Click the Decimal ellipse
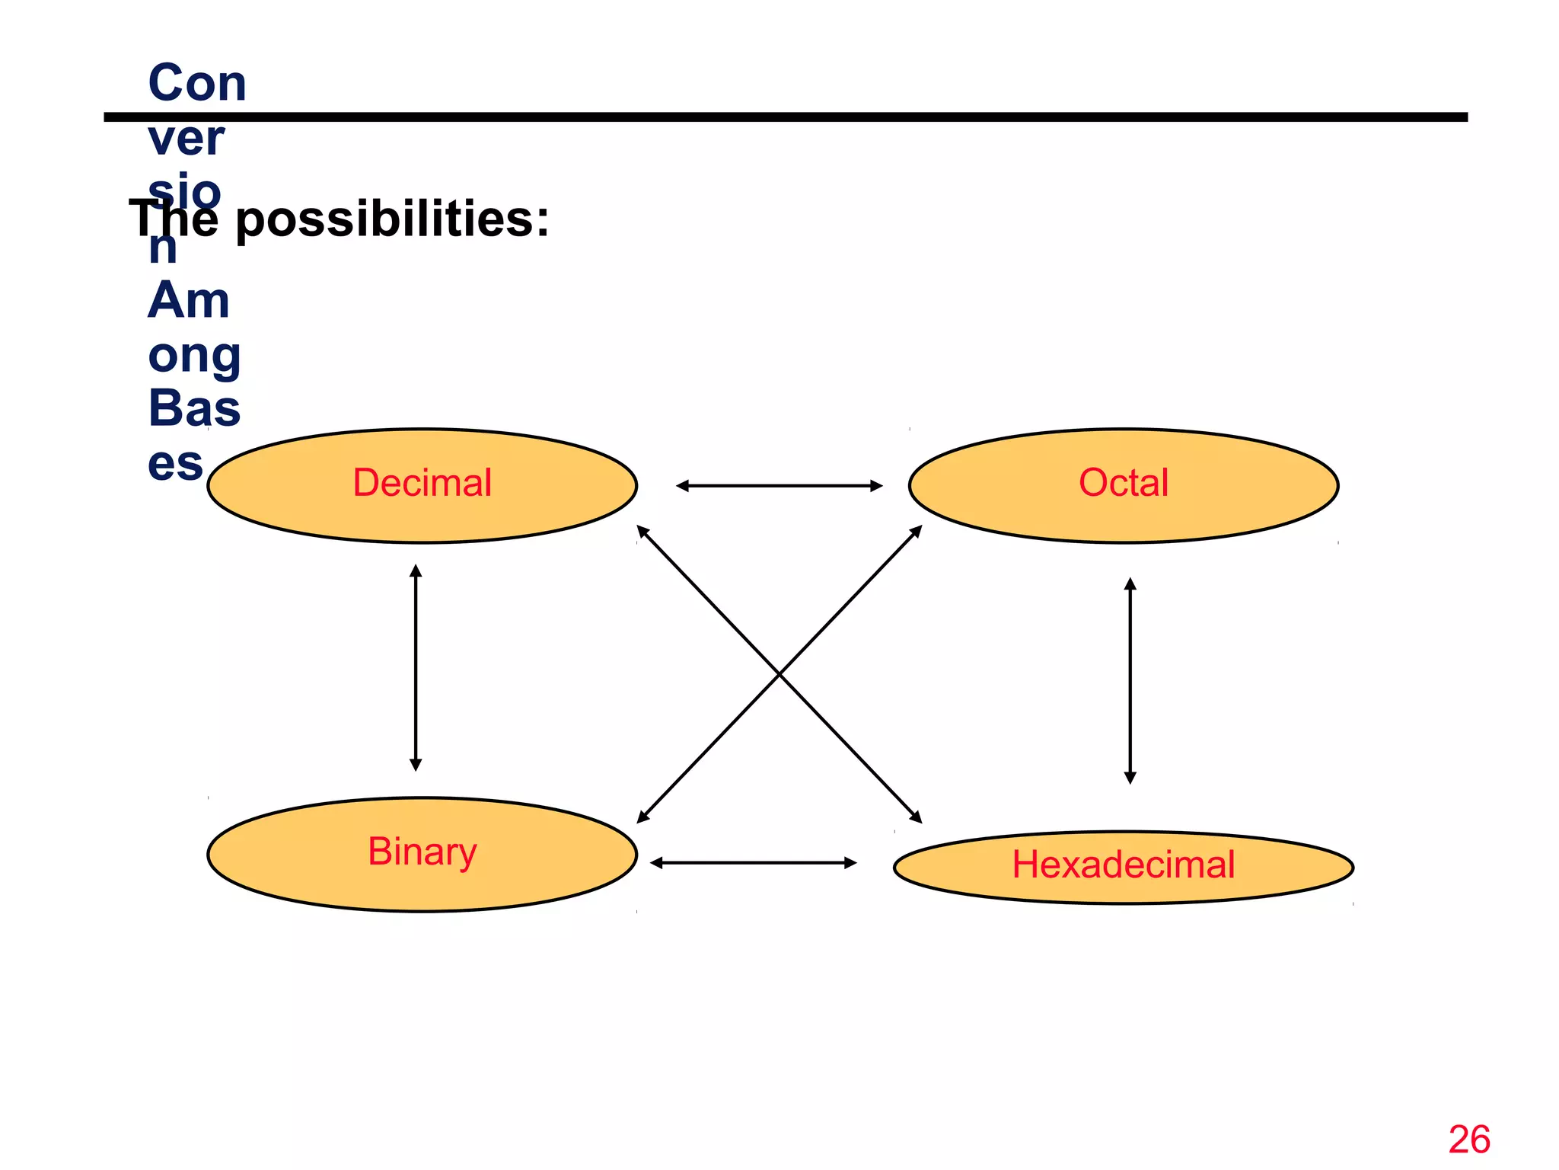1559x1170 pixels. (x=422, y=485)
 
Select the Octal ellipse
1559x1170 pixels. (x=1123, y=485)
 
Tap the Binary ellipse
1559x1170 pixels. (x=422, y=854)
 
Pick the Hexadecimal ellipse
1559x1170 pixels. (x=1123, y=867)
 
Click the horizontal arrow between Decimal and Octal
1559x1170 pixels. (x=779, y=485)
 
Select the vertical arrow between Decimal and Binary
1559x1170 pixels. (x=416, y=667)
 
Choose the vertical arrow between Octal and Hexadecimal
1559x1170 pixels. (x=1130, y=680)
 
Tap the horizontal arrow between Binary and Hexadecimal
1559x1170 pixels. (x=753, y=862)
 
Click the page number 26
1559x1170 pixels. (x=1469, y=1140)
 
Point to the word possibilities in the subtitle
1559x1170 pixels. (x=391, y=219)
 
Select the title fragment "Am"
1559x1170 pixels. (x=189, y=300)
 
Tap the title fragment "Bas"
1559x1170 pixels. (x=194, y=408)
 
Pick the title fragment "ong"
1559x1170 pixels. (x=195, y=356)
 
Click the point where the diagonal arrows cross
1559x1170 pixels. (x=779, y=674)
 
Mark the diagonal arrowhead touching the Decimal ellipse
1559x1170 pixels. (x=642, y=530)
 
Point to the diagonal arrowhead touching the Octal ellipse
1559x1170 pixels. (x=917, y=530)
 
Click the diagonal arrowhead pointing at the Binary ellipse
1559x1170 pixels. (x=642, y=818)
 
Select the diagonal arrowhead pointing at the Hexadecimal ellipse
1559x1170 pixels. (x=917, y=818)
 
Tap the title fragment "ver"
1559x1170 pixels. (x=187, y=139)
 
